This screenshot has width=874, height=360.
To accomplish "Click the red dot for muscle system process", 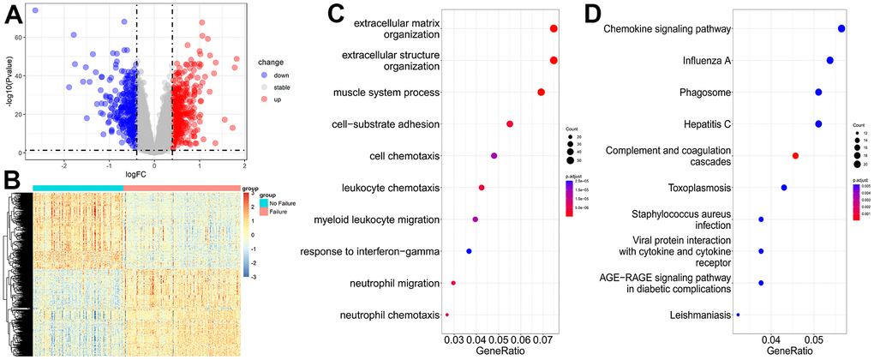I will tap(541, 92).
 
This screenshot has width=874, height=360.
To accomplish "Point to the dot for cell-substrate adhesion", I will tap(510, 124).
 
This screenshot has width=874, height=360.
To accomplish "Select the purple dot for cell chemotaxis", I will tap(494, 155).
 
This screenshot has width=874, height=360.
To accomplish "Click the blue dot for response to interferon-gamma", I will tap(469, 251).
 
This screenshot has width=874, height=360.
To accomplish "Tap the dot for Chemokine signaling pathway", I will tap(841, 29).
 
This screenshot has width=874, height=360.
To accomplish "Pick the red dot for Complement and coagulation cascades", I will tap(796, 155).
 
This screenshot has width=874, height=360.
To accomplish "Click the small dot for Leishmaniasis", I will tap(738, 315).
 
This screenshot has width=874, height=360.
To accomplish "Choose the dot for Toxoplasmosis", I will tap(783, 188).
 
